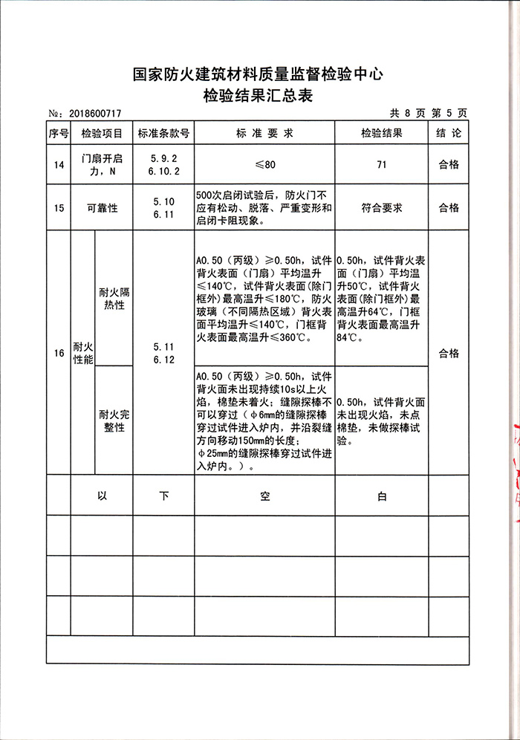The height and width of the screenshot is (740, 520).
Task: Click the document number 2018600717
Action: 94,113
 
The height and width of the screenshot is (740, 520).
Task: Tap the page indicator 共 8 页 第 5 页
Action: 428,113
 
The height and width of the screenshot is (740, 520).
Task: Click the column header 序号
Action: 59,134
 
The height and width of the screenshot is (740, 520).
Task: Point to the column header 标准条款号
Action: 163,134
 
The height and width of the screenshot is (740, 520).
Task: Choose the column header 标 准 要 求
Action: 264,134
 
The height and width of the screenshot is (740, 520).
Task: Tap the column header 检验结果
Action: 381,134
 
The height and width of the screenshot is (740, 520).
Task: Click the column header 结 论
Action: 449,134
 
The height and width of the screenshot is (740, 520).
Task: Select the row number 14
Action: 59,165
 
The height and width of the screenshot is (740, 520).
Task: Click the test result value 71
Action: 381,165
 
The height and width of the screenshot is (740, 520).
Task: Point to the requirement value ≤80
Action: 264,165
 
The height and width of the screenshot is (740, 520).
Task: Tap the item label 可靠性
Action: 102,208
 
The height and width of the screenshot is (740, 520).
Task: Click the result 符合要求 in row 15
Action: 381,208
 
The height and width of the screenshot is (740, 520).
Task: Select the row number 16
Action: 59,354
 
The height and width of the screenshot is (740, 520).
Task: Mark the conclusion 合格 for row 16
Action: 449,354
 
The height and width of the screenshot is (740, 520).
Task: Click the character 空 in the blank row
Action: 264,496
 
